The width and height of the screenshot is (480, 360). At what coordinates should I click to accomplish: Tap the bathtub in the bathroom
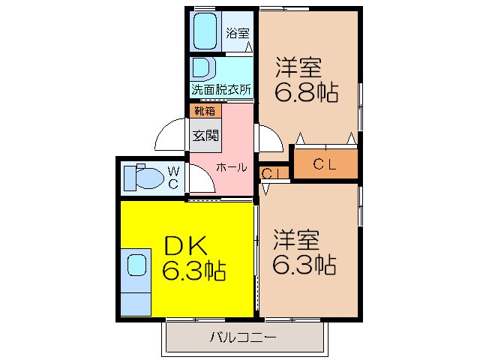click(204, 31)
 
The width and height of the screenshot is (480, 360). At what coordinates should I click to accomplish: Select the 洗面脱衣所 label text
click(220, 89)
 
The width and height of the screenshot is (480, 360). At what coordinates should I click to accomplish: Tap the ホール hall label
click(232, 168)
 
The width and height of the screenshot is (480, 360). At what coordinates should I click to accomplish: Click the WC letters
click(172, 178)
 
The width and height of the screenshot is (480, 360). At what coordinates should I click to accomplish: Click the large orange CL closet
click(325, 163)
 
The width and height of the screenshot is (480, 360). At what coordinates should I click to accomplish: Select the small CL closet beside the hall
click(271, 173)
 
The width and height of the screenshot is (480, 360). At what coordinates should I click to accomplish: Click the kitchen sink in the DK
click(136, 265)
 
